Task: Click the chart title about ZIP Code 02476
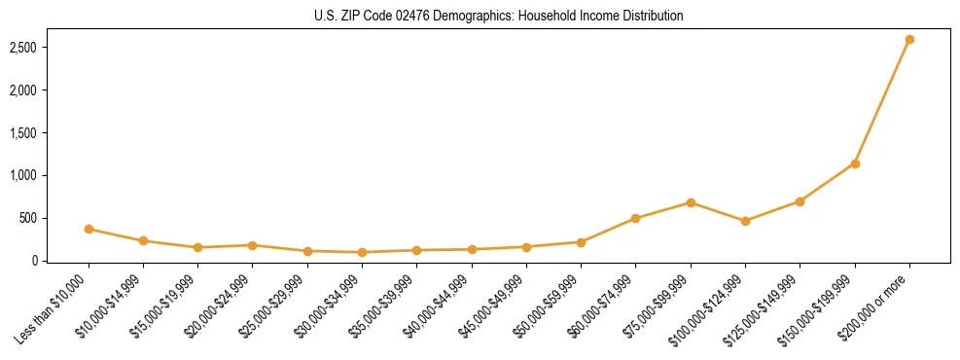pyautogui.click(x=499, y=17)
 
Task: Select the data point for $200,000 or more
pyautogui.click(x=909, y=40)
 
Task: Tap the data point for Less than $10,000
pyautogui.click(x=89, y=230)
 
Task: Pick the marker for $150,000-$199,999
pyautogui.click(x=855, y=163)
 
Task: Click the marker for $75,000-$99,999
pyautogui.click(x=691, y=202)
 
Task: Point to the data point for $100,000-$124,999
pyautogui.click(x=745, y=221)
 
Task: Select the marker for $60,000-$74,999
pyautogui.click(x=635, y=218)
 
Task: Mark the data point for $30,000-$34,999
pyautogui.click(x=362, y=252)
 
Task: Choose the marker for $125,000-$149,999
pyautogui.click(x=800, y=201)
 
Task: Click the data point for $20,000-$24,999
pyautogui.click(x=253, y=245)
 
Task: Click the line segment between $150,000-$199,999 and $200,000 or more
pyautogui.click(x=882, y=102)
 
